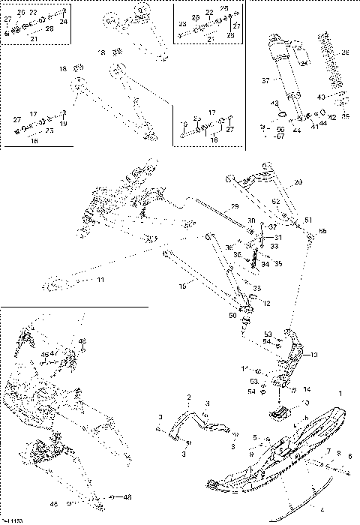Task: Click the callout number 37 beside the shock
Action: point(264,80)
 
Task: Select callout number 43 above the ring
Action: point(274,103)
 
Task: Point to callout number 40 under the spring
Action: point(320,97)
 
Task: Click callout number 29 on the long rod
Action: point(234,205)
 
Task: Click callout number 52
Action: point(275,201)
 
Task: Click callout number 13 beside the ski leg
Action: point(314,354)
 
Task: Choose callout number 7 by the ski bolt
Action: point(327,452)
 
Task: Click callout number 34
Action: point(265,263)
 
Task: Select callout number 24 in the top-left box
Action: point(64,22)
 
